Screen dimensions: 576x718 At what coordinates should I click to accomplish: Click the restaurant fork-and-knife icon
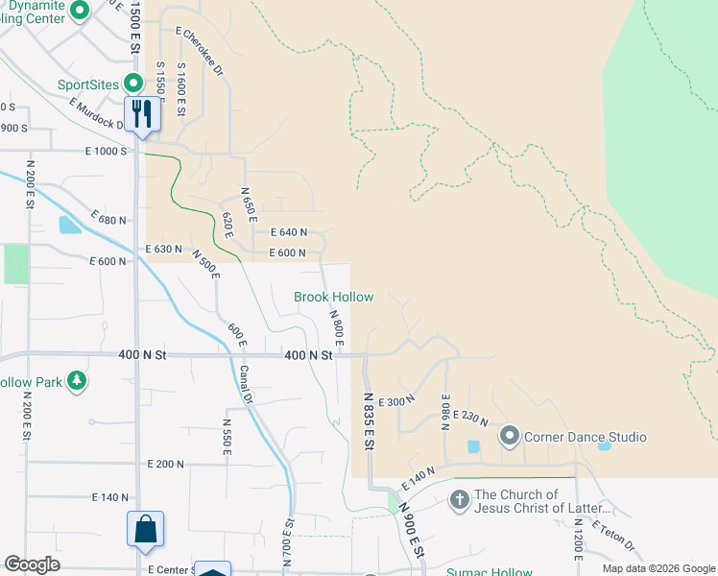[142, 114]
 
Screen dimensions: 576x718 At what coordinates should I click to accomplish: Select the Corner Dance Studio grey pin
[509, 437]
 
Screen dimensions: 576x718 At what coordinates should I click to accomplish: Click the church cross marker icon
[459, 499]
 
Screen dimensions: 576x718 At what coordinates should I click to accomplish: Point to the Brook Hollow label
[333, 298]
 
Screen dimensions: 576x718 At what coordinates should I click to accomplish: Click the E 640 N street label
[288, 232]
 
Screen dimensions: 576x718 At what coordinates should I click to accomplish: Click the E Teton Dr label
[613, 538]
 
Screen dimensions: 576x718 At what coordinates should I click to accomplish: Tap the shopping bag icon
[145, 530]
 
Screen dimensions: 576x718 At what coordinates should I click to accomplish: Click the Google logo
[33, 564]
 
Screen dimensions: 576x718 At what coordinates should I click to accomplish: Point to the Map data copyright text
[658, 568]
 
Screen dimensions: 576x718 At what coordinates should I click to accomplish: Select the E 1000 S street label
[106, 151]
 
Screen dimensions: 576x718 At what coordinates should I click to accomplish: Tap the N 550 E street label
[227, 436]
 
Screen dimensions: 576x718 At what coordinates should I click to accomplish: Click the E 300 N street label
[396, 402]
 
